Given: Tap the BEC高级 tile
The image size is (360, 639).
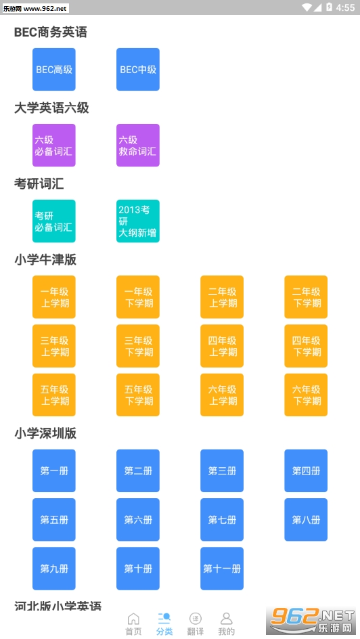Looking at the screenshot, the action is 53,69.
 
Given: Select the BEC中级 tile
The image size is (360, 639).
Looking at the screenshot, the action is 137,69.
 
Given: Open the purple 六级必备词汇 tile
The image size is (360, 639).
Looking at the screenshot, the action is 53,145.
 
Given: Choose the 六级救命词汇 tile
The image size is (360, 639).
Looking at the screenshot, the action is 137,145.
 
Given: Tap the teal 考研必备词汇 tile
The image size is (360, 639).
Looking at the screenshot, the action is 53,221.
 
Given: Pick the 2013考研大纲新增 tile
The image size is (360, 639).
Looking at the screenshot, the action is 137,221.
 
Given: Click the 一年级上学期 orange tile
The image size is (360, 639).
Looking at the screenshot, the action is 53,296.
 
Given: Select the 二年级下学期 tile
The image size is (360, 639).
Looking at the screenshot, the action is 306,296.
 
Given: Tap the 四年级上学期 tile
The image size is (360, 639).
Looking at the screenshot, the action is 222,346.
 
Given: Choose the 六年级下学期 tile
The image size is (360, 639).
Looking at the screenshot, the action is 306,395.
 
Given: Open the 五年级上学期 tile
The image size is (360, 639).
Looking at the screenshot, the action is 53,395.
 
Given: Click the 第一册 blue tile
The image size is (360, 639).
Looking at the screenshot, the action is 53,470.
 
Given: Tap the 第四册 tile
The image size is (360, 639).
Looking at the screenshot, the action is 306,470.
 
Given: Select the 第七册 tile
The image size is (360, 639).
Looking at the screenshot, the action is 222,520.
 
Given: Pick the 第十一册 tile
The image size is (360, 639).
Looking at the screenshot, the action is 222,569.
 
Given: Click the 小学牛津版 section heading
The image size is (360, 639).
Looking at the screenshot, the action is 45,260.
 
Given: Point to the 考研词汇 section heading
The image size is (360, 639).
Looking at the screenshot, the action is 39,184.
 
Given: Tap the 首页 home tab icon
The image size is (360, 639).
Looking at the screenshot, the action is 133,619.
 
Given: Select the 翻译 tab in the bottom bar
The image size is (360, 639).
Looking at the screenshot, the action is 196,624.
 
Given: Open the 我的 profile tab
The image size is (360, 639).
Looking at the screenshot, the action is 227,624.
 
